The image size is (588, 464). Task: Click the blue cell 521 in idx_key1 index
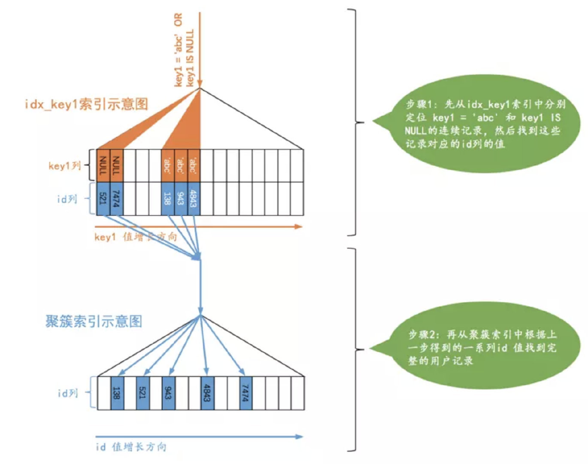pyautogui.click(x=103, y=198)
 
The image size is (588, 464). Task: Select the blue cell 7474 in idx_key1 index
pyautogui.click(x=116, y=198)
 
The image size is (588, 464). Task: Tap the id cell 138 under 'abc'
pyautogui.click(x=167, y=198)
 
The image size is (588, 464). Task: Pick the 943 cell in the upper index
pyautogui.click(x=181, y=198)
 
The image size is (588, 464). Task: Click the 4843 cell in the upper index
pyautogui.click(x=194, y=198)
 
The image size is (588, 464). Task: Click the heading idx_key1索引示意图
pyautogui.click(x=86, y=104)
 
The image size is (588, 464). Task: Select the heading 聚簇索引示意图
pyautogui.click(x=94, y=321)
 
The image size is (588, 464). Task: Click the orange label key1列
pyautogui.click(x=65, y=166)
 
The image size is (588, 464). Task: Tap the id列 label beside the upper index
pyautogui.click(x=67, y=198)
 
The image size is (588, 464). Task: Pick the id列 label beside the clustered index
pyautogui.click(x=68, y=393)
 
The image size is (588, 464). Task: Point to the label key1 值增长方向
pyautogui.click(x=135, y=237)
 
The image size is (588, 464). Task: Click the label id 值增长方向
pyautogui.click(x=131, y=447)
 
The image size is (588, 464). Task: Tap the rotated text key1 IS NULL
pyautogui.click(x=189, y=58)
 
